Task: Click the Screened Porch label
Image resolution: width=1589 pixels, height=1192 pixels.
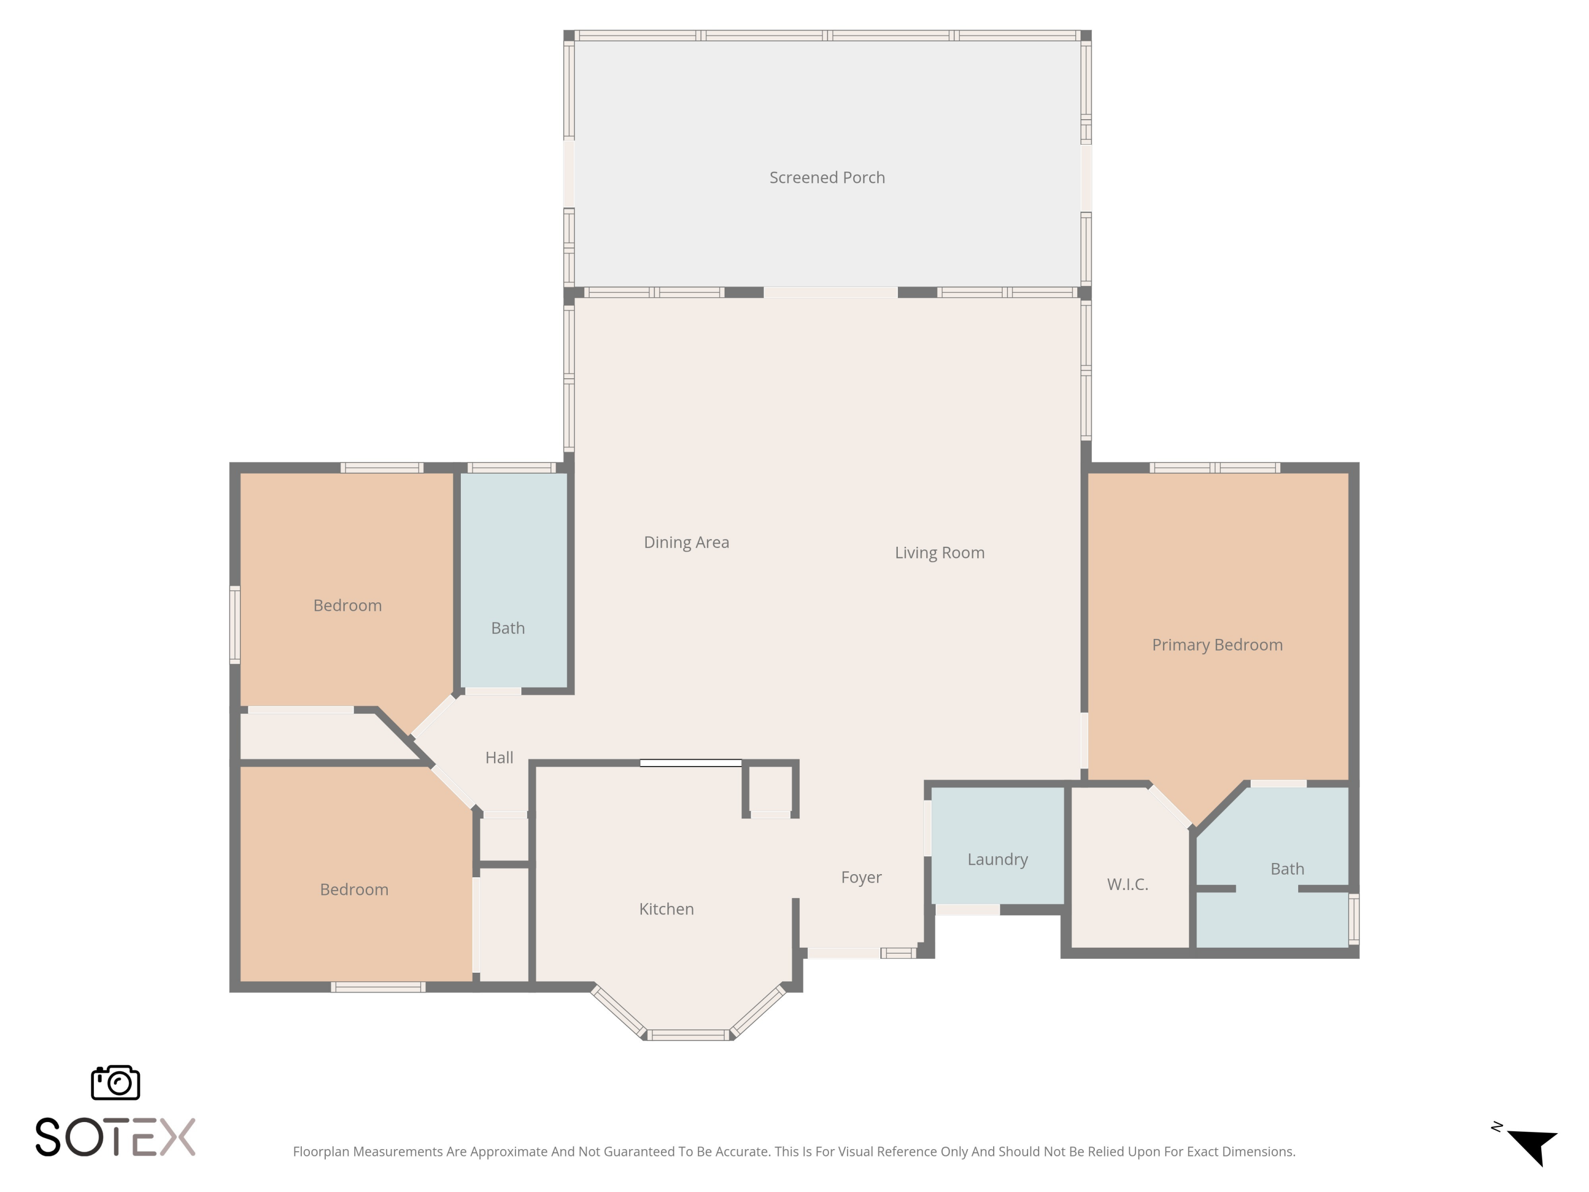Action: point(827,177)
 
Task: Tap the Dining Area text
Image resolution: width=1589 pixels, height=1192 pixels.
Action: point(686,542)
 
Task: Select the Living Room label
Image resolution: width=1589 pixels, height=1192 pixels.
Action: point(939,553)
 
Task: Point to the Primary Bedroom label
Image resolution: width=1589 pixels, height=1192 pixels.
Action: point(1217,645)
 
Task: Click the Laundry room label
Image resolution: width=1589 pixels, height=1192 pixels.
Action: point(997,859)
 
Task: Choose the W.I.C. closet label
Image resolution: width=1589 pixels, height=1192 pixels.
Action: point(1127,885)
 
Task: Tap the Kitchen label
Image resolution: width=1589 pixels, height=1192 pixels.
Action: point(666,909)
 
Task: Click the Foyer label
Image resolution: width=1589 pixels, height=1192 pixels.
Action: point(861,877)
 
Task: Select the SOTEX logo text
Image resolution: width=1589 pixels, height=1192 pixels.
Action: point(115,1137)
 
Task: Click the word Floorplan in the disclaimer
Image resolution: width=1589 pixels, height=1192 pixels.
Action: point(321,1152)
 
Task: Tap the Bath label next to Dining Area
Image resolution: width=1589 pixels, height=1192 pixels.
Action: point(507,628)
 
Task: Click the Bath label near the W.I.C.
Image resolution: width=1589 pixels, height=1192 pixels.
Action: point(1287,869)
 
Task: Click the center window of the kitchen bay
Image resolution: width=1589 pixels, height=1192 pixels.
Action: point(688,1035)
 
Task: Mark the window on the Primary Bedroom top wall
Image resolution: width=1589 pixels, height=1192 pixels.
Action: point(1214,468)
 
